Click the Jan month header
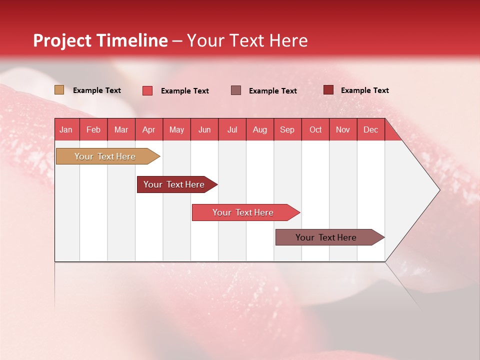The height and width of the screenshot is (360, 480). [x=66, y=129]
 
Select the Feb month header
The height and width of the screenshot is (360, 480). [x=93, y=129]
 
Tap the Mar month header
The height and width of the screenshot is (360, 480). [x=121, y=129]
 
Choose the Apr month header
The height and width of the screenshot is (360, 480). [x=148, y=129]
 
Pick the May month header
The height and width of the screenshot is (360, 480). [x=176, y=129]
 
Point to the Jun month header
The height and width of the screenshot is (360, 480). [x=204, y=129]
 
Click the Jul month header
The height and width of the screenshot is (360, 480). [x=232, y=129]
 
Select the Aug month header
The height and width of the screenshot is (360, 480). [x=259, y=129]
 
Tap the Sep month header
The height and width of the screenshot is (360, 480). [x=287, y=129]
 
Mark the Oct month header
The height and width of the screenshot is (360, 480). [x=315, y=129]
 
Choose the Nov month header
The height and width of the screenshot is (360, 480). [x=343, y=129]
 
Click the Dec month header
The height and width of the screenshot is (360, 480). [x=370, y=129]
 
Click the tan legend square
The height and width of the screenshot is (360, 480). [x=59, y=90]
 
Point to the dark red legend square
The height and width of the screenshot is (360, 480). [x=328, y=90]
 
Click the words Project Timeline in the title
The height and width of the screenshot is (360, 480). [x=100, y=40]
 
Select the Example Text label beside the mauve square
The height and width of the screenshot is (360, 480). [x=272, y=91]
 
